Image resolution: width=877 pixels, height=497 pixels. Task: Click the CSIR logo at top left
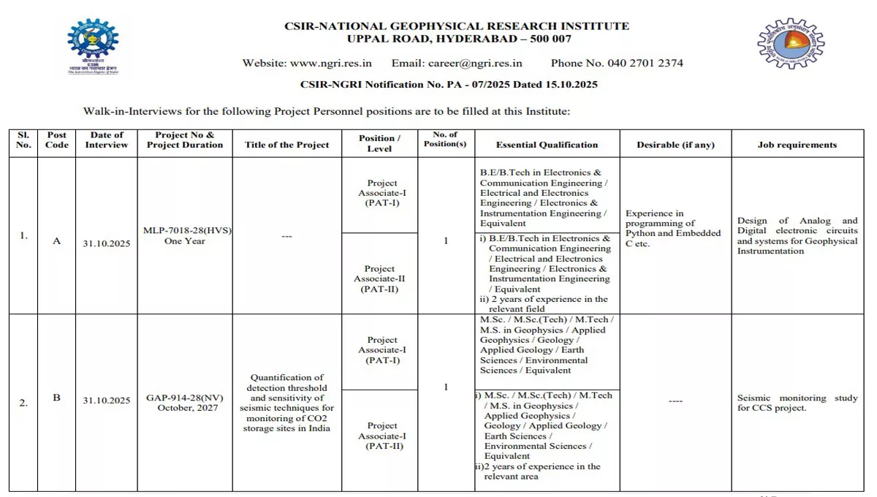pyautogui.click(x=93, y=46)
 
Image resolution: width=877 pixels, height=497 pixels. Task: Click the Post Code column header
pyautogui.click(x=57, y=140)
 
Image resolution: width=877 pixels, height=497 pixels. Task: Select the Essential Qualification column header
pyautogui.click(x=547, y=145)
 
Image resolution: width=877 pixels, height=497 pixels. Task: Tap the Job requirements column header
pyautogui.click(x=797, y=145)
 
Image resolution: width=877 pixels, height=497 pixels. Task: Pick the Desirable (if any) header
pyautogui.click(x=675, y=145)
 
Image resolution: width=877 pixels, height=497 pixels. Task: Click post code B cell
pyautogui.click(x=57, y=398)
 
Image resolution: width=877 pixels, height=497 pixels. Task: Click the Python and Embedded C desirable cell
pyautogui.click(x=673, y=229)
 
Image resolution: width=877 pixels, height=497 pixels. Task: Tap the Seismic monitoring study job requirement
pyautogui.click(x=797, y=403)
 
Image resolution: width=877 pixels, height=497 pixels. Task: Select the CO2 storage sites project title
pyautogui.click(x=286, y=403)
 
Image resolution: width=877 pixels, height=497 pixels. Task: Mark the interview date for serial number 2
pyautogui.click(x=107, y=401)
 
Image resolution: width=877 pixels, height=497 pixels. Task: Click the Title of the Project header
pyautogui.click(x=286, y=145)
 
